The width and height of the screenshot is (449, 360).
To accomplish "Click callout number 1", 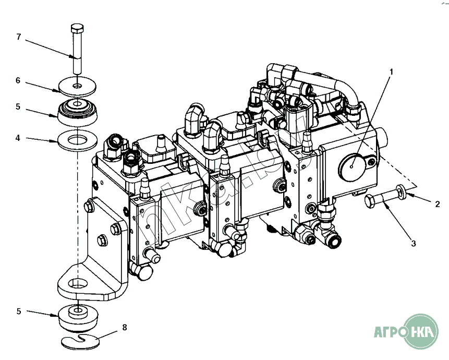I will pyautogui.click(x=391, y=70).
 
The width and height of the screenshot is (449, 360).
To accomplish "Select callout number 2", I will pyautogui.click(x=438, y=204).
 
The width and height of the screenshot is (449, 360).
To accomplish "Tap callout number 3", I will pyautogui.click(x=412, y=243).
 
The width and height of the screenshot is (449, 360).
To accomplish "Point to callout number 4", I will pyautogui.click(x=18, y=138).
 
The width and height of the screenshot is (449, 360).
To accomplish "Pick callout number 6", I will pyautogui.click(x=18, y=81).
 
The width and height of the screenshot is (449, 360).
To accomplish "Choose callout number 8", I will pyautogui.click(x=124, y=328).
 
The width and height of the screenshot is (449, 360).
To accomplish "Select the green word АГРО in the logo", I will pyautogui.click(x=389, y=331).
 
